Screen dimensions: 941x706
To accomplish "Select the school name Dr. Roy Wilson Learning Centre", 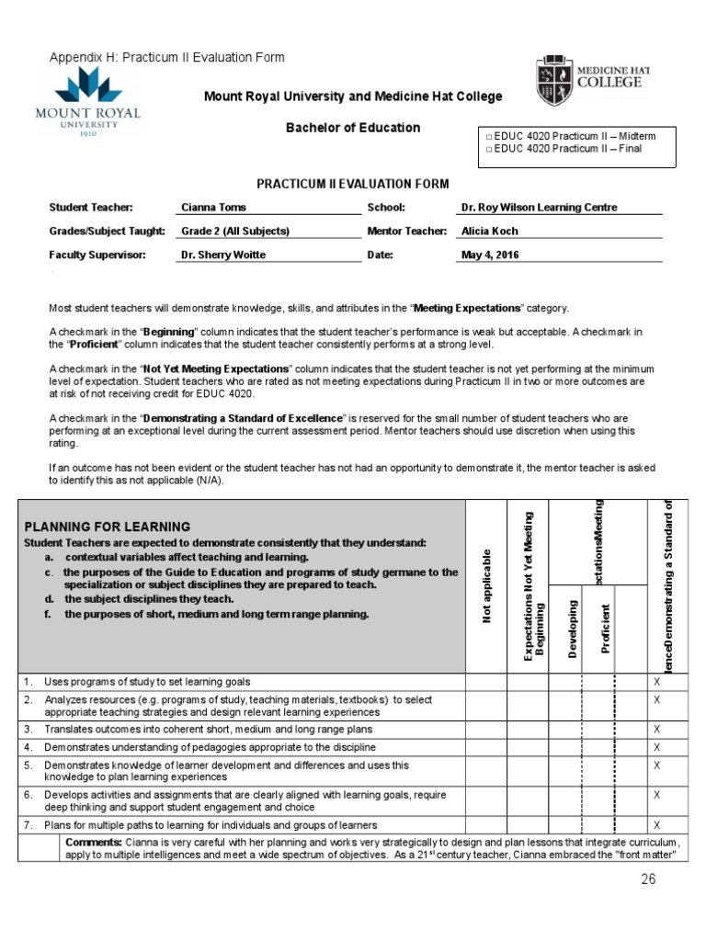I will click(x=539, y=208).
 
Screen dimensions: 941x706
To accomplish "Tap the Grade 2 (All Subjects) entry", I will click(x=235, y=232).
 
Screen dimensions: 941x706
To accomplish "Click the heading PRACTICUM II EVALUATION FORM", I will click(x=353, y=186).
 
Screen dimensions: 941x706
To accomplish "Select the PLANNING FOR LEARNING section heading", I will click(x=108, y=527).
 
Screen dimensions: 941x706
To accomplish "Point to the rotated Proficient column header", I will click(x=605, y=629).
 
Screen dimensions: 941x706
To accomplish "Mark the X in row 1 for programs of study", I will click(x=656, y=682).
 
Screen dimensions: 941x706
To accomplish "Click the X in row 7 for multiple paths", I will click(x=656, y=825).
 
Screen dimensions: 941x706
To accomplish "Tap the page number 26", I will click(x=649, y=881).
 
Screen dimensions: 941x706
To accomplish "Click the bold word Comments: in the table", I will click(x=93, y=842).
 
